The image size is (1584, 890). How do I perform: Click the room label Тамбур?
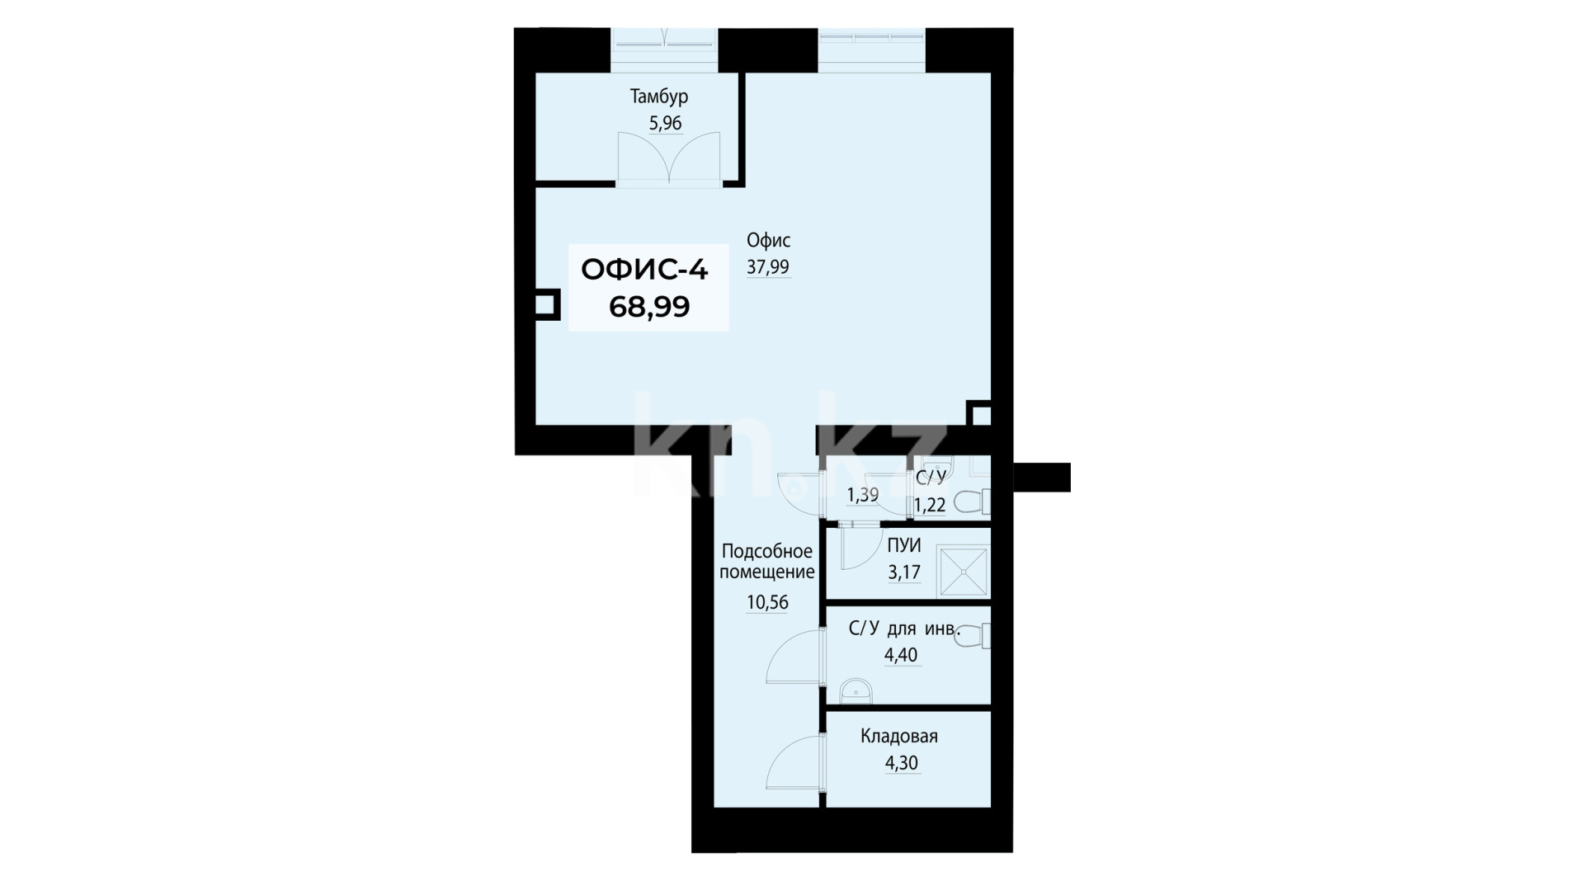(659, 97)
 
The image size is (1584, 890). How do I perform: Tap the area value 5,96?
(666, 124)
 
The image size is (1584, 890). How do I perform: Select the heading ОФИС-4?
(644, 270)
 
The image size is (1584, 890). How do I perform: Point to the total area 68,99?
(649, 307)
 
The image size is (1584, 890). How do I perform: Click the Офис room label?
(768, 241)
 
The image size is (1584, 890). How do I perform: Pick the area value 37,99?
(768, 267)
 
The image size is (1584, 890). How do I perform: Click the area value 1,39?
(863, 495)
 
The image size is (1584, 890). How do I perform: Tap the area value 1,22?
(931, 505)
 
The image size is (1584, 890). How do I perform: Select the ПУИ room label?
(904, 545)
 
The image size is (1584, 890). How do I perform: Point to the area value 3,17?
(904, 572)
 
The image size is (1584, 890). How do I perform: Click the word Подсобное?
(767, 552)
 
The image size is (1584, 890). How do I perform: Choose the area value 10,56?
(767, 603)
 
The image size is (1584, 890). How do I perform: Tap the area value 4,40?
(901, 656)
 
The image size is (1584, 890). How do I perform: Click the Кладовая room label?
(899, 737)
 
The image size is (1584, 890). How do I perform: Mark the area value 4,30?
(901, 764)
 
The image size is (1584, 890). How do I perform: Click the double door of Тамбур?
(668, 157)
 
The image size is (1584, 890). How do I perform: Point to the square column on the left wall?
(546, 304)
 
